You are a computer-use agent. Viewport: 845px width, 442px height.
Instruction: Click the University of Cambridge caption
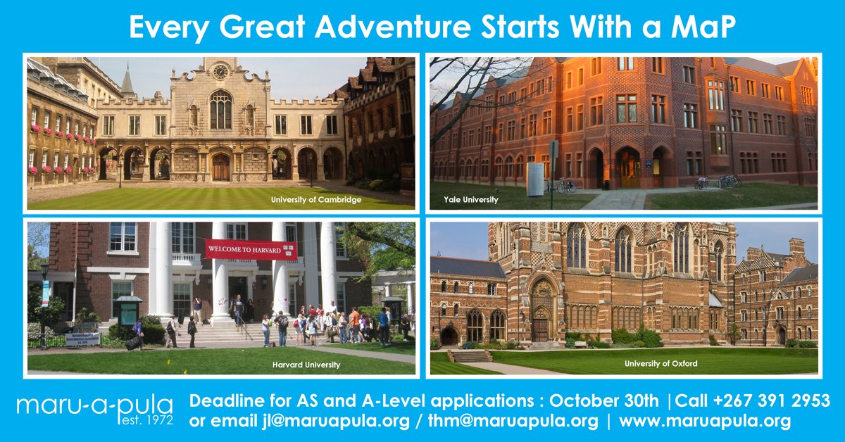316,200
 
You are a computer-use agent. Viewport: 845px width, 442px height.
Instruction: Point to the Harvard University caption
306,365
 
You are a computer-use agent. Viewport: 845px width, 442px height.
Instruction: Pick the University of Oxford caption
661,363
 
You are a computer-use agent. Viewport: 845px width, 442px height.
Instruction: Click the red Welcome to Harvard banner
251,249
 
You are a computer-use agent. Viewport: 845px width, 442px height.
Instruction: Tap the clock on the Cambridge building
220,72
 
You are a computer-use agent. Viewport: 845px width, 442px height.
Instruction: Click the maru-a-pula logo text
94,407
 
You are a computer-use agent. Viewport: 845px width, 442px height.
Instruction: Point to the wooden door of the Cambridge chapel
220,168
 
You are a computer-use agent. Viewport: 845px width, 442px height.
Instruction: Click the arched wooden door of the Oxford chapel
541,328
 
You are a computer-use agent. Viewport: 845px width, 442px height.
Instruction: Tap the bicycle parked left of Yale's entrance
563,186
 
